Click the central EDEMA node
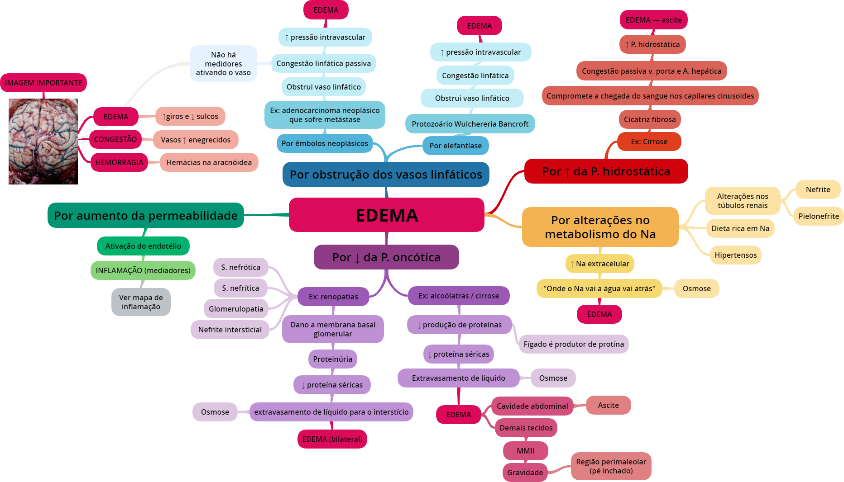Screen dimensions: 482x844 click(x=386, y=215)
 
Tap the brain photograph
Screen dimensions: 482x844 click(x=43, y=141)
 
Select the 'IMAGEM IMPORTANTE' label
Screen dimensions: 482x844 click(x=43, y=83)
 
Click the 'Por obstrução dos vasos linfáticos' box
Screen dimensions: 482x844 click(x=386, y=175)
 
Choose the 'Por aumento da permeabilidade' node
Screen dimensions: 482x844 click(x=145, y=216)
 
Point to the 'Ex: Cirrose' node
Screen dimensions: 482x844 click(x=649, y=142)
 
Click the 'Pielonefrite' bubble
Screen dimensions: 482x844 click(x=818, y=216)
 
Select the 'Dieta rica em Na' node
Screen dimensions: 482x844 click(x=740, y=228)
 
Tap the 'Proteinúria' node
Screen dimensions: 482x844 click(x=332, y=359)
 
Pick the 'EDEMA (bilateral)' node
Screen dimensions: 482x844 click(x=332, y=439)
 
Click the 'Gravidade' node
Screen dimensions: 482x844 click(x=525, y=473)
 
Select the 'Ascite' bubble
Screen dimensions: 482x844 click(x=608, y=405)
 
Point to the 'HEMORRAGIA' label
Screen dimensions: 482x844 click(x=119, y=162)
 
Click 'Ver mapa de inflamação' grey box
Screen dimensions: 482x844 click(x=141, y=302)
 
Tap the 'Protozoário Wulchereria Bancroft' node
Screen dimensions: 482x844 click(x=470, y=124)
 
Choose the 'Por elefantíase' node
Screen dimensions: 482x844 click(x=456, y=146)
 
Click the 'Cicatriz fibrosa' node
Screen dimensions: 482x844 click(x=649, y=119)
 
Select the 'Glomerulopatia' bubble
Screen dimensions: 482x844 click(x=236, y=309)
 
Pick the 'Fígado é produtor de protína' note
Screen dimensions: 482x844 click(x=573, y=344)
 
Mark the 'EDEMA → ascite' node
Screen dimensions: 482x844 click(x=653, y=20)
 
